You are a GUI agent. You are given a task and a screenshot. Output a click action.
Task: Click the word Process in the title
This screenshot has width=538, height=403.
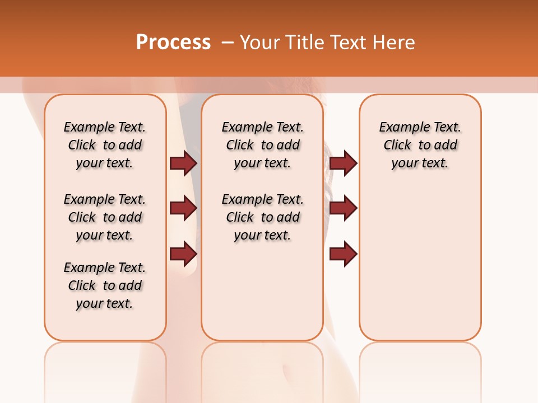pyautogui.click(x=173, y=42)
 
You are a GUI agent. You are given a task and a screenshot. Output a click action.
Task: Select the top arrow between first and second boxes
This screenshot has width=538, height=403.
pyautogui.click(x=183, y=163)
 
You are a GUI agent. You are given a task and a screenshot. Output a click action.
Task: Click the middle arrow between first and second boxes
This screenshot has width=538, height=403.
pyautogui.click(x=183, y=208)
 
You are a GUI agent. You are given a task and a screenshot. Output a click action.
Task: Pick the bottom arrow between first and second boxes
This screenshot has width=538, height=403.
pyautogui.click(x=183, y=254)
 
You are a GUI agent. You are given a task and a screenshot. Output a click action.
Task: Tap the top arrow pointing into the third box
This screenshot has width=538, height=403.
pyautogui.click(x=343, y=163)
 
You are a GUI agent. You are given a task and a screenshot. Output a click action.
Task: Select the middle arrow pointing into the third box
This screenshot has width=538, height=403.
pyautogui.click(x=343, y=208)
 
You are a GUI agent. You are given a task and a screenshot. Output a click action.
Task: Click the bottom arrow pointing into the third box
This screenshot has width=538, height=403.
pyautogui.click(x=343, y=254)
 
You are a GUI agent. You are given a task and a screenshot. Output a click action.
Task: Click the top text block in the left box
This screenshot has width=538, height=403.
pyautogui.click(x=105, y=145)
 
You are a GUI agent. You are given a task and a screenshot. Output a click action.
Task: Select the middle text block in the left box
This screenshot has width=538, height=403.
pyautogui.click(x=105, y=217)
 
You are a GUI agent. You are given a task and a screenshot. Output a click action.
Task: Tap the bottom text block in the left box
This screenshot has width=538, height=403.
pyautogui.click(x=105, y=285)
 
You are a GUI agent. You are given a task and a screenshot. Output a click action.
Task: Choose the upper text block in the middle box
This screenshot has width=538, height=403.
pyautogui.click(x=262, y=145)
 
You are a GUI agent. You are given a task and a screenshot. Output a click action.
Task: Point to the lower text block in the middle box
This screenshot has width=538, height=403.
pyautogui.click(x=262, y=217)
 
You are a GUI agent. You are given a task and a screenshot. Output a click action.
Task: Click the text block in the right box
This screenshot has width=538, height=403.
pyautogui.click(x=420, y=145)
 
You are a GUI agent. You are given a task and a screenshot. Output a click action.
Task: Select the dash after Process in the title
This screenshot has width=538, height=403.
pyautogui.click(x=228, y=43)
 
